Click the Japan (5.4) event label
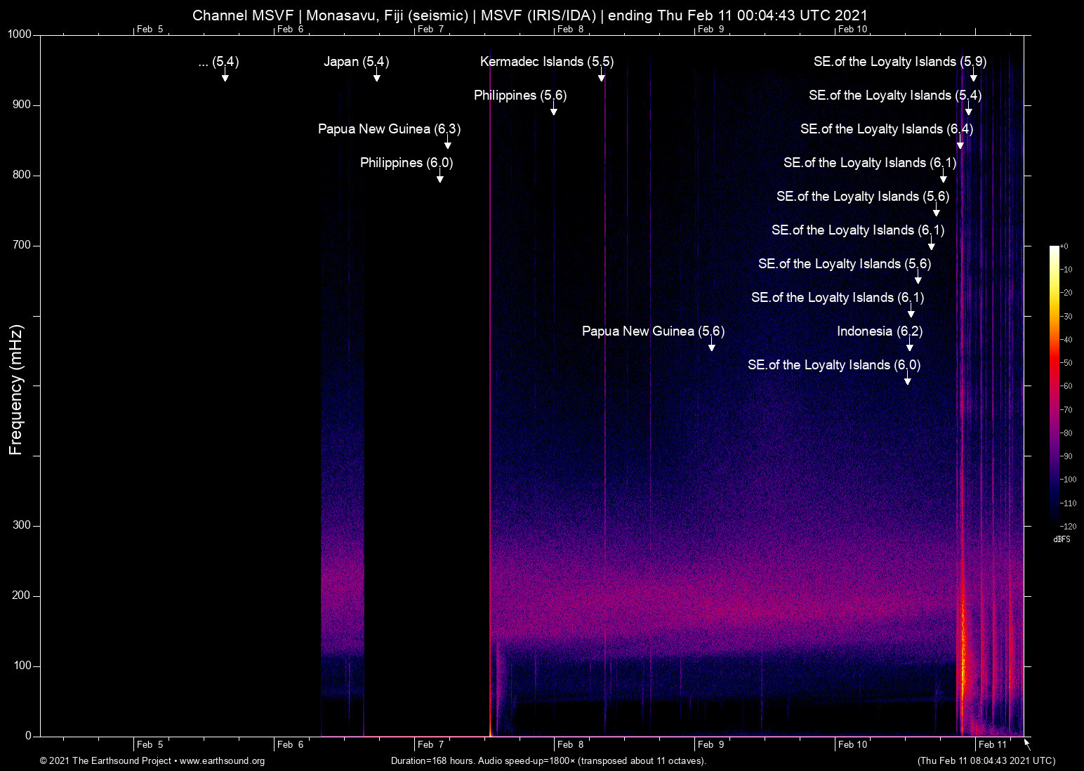pyautogui.click(x=356, y=62)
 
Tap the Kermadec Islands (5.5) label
pyautogui.click(x=546, y=62)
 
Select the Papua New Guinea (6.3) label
pyautogui.click(x=389, y=129)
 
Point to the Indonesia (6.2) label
pyautogui.click(x=879, y=331)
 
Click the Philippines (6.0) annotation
pyautogui.click(x=406, y=163)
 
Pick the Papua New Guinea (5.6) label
pyautogui.click(x=653, y=331)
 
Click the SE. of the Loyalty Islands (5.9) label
pyautogui.click(x=899, y=62)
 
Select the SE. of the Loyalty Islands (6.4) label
pyautogui.click(x=886, y=129)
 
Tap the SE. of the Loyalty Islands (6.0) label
pyautogui.click(x=833, y=365)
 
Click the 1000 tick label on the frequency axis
pyautogui.click(x=20, y=34)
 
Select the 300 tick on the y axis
pyautogui.click(x=22, y=525)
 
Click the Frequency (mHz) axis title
pyautogui.click(x=15, y=390)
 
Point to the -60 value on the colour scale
pyautogui.click(x=1067, y=386)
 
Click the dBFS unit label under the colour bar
pyautogui.click(x=1062, y=539)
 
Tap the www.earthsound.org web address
pyautogui.click(x=222, y=761)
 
